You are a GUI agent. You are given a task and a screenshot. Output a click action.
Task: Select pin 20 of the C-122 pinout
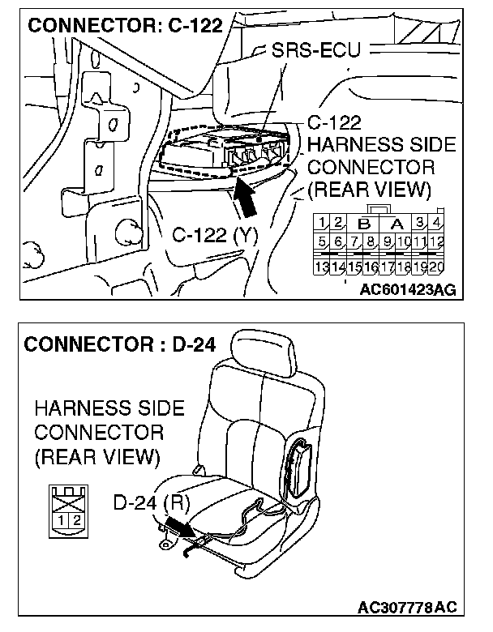tap(438, 264)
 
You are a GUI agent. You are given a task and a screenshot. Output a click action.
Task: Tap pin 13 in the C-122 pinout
tap(322, 264)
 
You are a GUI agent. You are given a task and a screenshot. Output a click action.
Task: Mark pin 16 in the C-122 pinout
tap(371, 264)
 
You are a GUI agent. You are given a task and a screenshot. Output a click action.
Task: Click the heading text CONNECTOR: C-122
tap(125, 25)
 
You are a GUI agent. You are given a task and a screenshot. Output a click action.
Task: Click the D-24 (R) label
tap(151, 503)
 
